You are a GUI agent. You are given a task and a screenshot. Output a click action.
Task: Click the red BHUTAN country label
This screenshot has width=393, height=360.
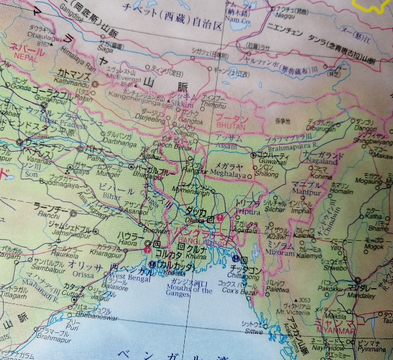pyautogui.click(x=230, y=125)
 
